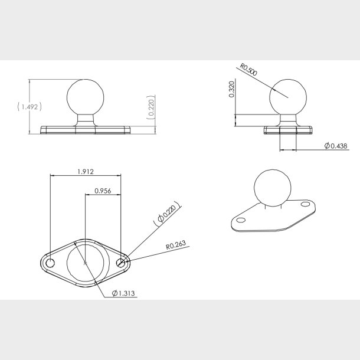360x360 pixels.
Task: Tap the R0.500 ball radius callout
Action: pyautogui.click(x=247, y=74)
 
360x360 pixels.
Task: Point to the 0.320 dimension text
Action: pyautogui.click(x=231, y=90)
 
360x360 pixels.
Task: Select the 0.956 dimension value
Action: pyautogui.click(x=103, y=191)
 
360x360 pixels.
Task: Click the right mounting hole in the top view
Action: pyautogui.click(x=122, y=263)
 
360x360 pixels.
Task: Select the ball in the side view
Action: pyautogui.click(x=287, y=98)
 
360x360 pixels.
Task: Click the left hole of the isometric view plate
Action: pyautogui.click(x=240, y=220)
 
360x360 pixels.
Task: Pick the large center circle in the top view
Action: pyautogui.click(x=86, y=263)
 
